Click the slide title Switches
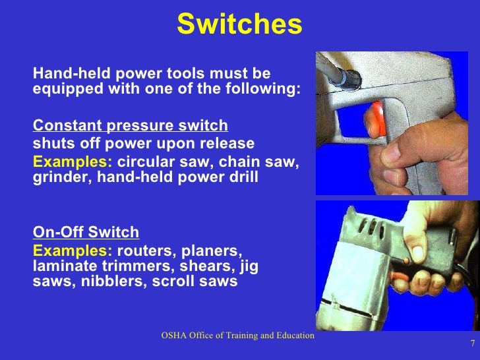[239, 25]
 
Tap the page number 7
[472, 344]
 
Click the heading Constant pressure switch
[130, 126]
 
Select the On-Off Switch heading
[86, 232]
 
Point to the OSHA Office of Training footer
[238, 336]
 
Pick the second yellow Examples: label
[73, 251]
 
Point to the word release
[230, 144]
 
